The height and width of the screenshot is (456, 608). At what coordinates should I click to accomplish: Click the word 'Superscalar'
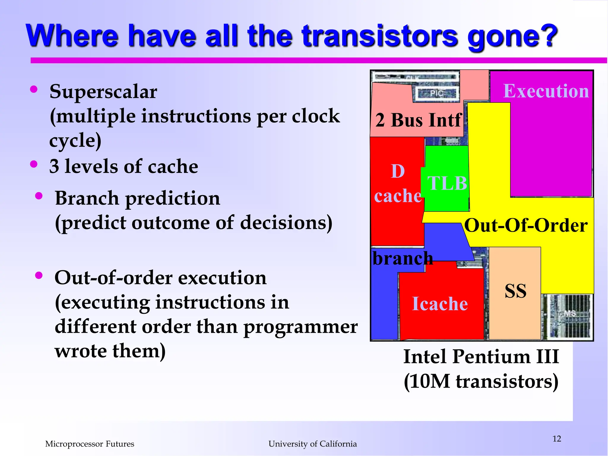(103, 92)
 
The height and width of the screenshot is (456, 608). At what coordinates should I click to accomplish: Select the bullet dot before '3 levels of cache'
(34, 164)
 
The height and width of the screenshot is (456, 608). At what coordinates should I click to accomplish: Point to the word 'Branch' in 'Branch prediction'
(87, 198)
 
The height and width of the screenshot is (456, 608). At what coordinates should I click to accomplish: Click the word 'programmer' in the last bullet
(300, 327)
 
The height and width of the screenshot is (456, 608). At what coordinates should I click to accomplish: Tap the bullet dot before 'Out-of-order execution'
(39, 275)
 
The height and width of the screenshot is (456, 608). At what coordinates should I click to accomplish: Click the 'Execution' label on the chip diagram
(546, 91)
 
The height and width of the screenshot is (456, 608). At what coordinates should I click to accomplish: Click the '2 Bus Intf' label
(418, 120)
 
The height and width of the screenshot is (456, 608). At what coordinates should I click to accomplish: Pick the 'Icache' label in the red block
(440, 304)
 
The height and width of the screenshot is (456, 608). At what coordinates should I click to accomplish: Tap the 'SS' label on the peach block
(515, 291)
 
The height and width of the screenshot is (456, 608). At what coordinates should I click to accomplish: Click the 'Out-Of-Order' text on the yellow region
(526, 225)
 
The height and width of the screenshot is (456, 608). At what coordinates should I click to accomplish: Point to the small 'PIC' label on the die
(436, 94)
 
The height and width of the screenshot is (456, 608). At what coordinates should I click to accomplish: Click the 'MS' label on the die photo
(570, 313)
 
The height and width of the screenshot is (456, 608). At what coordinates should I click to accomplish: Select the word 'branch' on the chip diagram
(403, 258)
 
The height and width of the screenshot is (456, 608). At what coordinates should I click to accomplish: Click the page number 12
(557, 439)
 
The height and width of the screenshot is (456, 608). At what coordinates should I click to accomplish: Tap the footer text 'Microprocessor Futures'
(90, 444)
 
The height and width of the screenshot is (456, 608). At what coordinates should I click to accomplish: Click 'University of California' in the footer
(313, 444)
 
